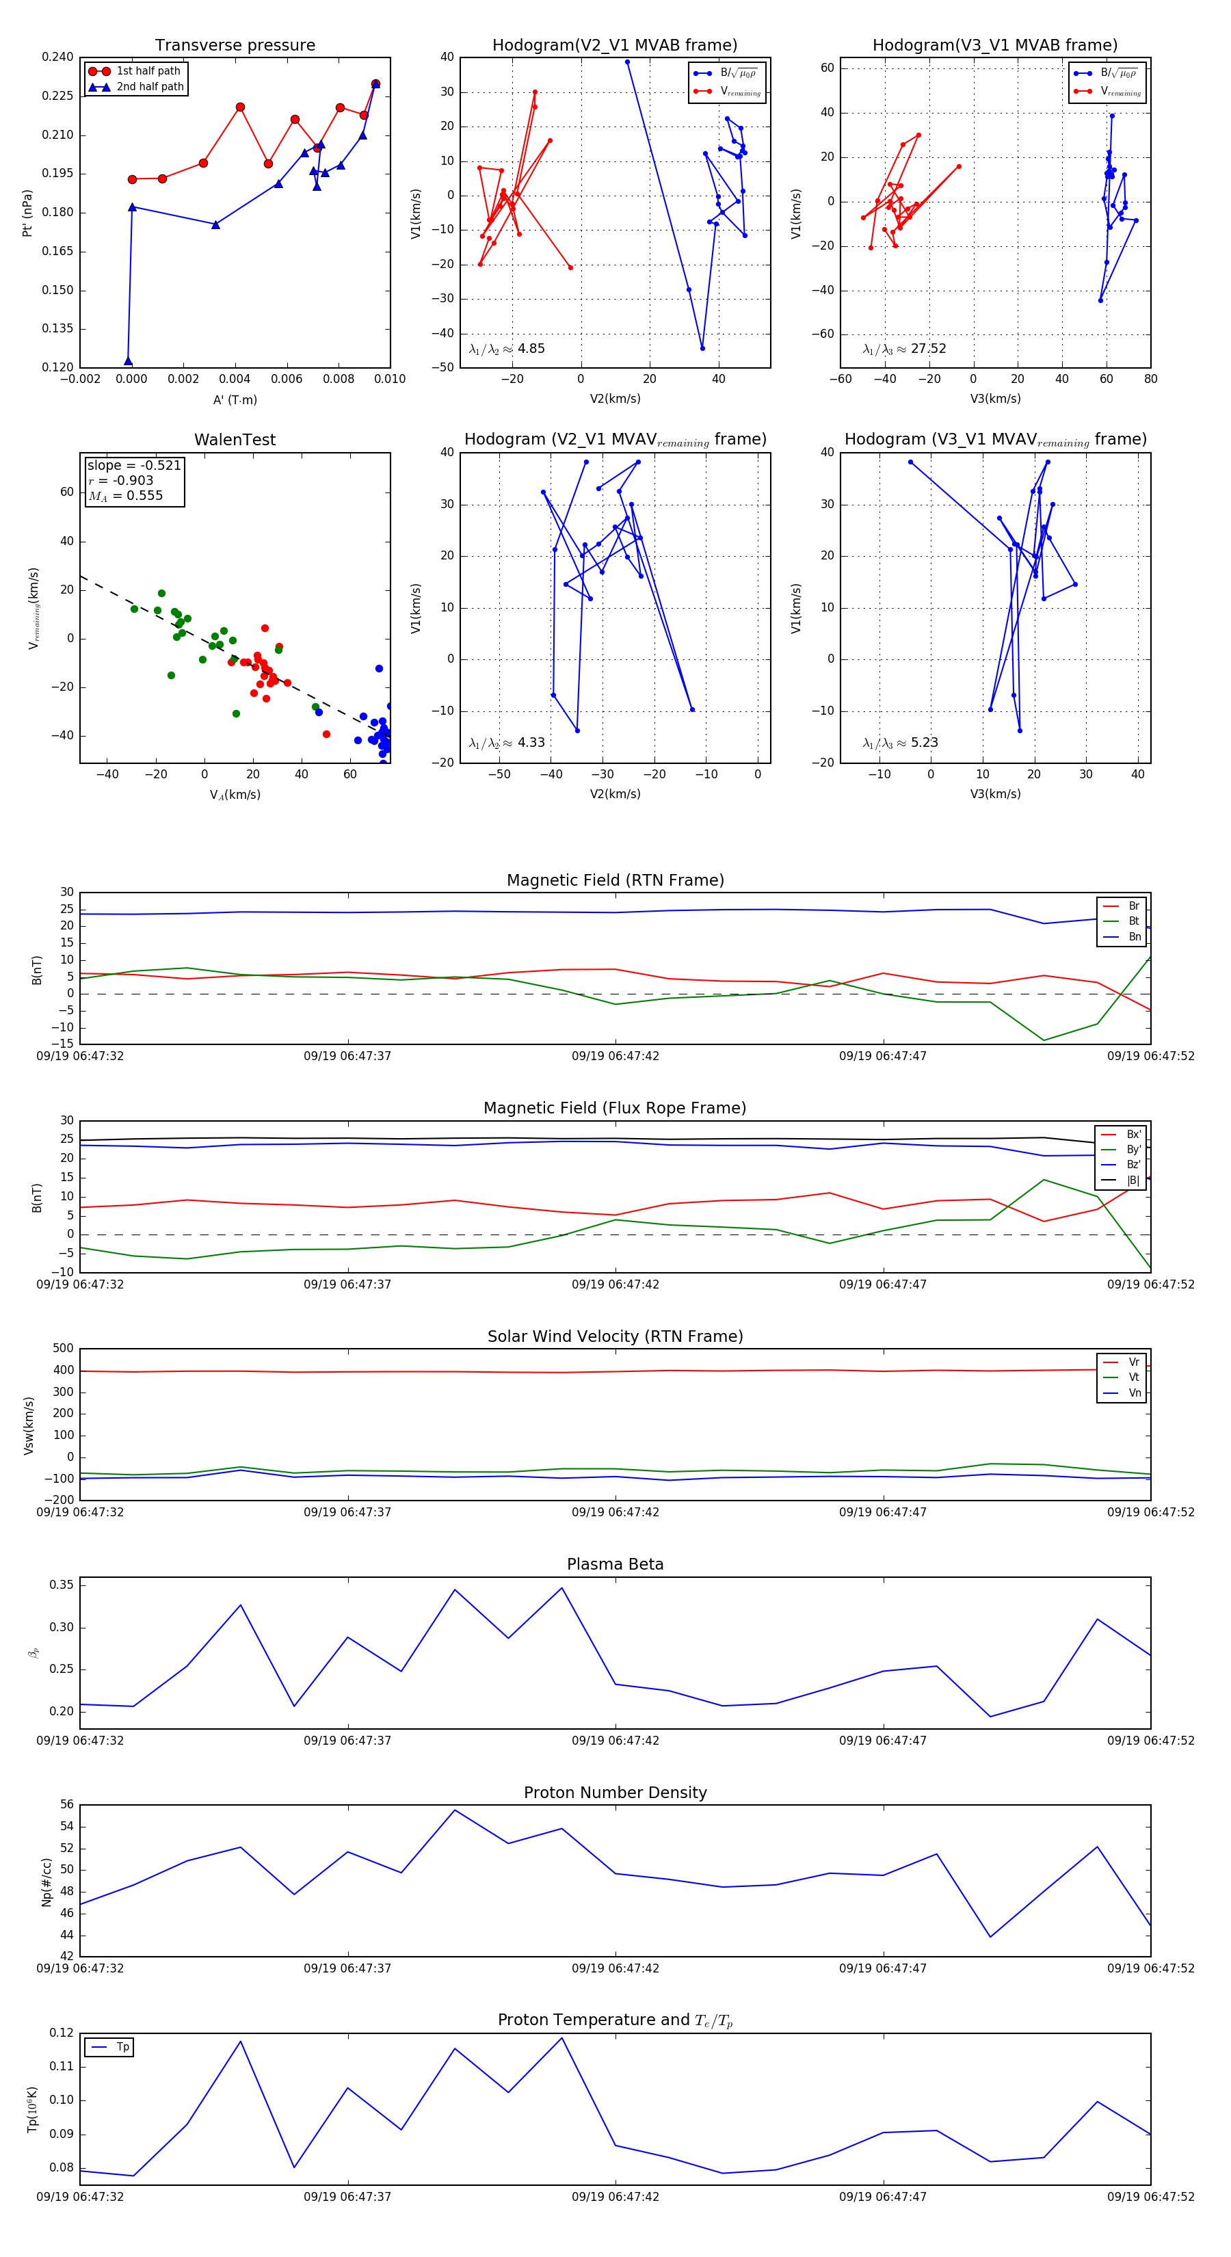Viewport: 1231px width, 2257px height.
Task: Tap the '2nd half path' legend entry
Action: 150,87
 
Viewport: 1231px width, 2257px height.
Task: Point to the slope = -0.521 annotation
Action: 133,465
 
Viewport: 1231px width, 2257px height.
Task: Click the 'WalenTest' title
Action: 235,440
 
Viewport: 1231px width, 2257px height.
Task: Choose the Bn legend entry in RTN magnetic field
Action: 1134,936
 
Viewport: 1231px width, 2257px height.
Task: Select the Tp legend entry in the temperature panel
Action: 122,2047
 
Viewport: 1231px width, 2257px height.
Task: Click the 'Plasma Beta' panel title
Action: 615,1564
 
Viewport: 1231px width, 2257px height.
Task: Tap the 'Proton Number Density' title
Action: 615,1793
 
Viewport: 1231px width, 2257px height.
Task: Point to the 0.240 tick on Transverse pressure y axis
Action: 58,57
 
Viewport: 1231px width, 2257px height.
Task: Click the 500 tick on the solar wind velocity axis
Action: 63,1349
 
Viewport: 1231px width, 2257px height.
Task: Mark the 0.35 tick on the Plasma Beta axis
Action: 62,1585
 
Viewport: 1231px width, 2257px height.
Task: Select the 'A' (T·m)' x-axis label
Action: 235,399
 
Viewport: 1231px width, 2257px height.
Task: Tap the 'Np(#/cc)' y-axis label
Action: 47,1882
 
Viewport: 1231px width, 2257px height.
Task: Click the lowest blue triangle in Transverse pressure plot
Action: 128,361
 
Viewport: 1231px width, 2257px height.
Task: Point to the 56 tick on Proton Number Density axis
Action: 66,1805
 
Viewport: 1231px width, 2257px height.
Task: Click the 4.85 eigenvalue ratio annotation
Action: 531,349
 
